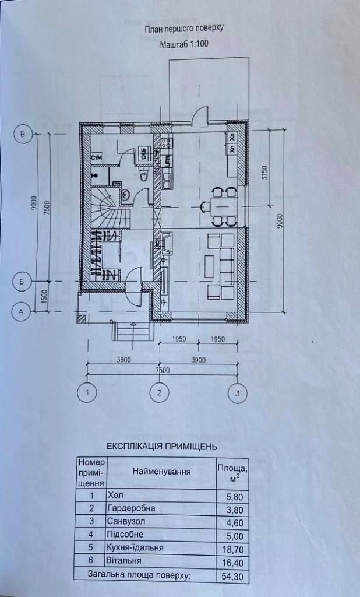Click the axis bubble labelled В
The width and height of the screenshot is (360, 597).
(x=23, y=135)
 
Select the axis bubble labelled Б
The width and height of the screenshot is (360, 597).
(x=22, y=282)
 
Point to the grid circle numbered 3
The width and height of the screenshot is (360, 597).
(x=237, y=394)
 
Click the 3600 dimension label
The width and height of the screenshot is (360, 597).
(x=122, y=360)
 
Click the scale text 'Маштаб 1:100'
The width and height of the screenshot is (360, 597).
(x=183, y=44)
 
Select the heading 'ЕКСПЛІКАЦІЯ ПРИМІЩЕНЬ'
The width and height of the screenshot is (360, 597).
(x=162, y=447)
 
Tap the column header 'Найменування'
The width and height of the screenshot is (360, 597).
(x=161, y=472)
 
